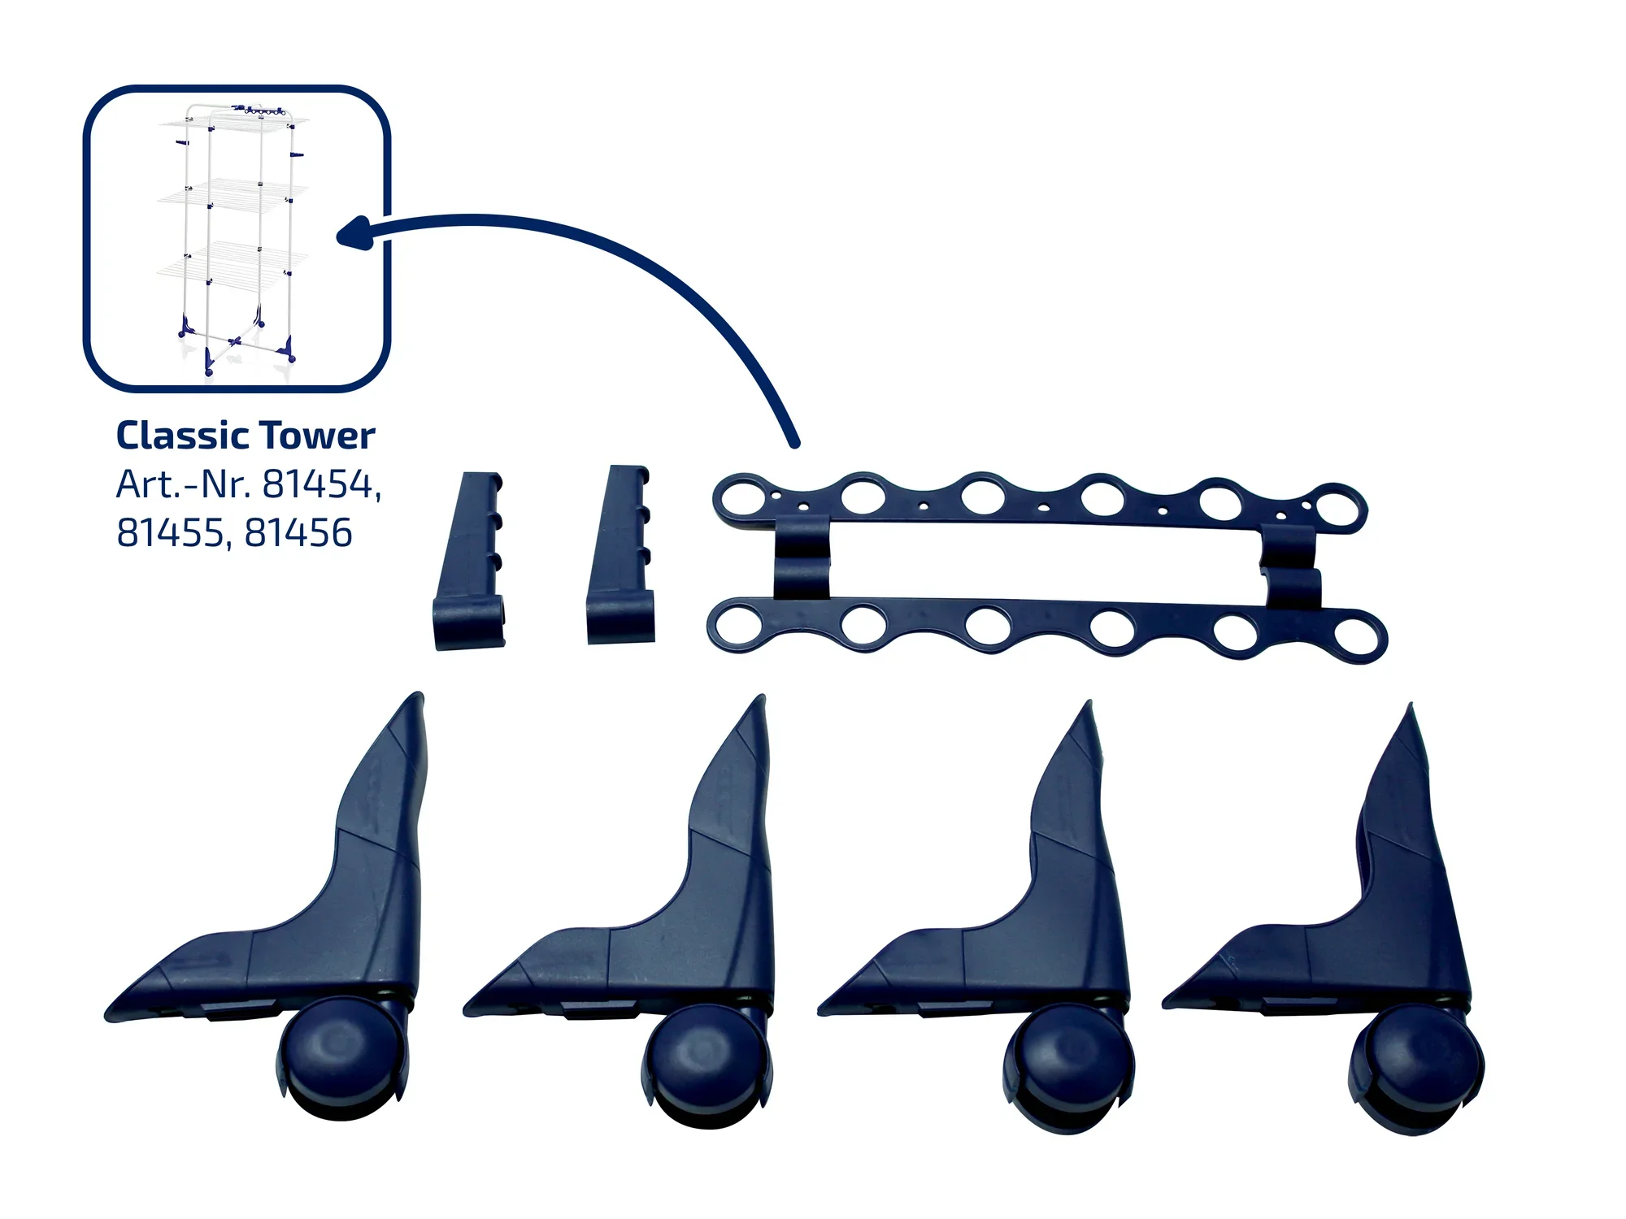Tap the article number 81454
320,484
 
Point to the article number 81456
298,533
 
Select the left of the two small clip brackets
472,561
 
